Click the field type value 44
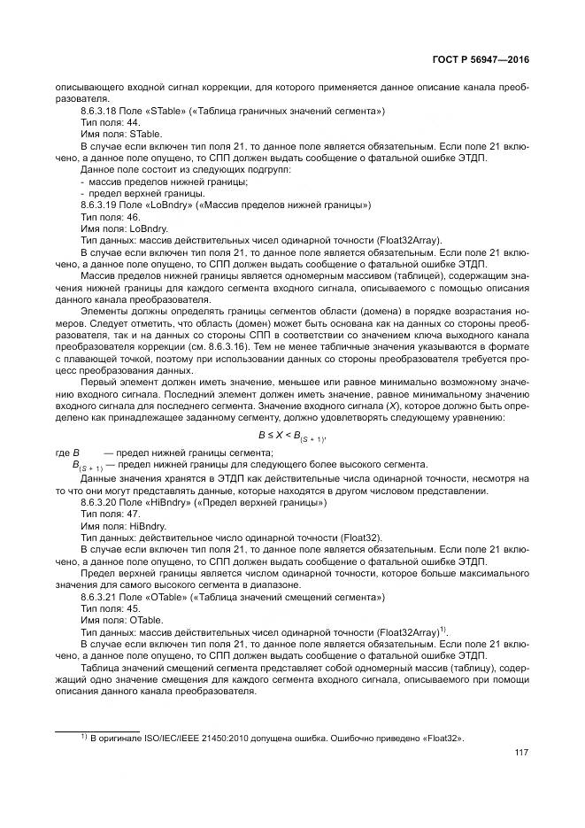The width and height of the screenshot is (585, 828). [134, 122]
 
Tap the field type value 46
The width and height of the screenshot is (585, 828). [134, 216]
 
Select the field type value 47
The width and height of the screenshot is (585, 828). [134, 515]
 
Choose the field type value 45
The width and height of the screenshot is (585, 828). [134, 609]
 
